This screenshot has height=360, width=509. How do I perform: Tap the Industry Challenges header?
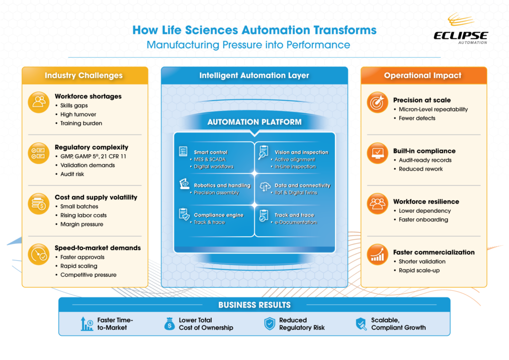pos(84,76)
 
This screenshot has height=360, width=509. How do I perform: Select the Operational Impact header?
pos(423,76)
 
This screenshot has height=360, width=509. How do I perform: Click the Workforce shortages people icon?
pos(38,101)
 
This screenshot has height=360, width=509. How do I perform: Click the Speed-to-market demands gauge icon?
pos(38,254)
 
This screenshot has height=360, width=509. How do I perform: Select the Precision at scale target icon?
pos(377,102)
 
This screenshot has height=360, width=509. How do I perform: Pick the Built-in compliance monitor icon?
pos(377,153)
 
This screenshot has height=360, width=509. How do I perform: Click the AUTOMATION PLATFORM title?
pos(254,122)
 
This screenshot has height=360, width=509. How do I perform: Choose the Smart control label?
pos(211,152)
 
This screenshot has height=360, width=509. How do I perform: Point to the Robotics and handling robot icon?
pos(184,185)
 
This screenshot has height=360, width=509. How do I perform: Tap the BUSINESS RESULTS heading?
pos(254,305)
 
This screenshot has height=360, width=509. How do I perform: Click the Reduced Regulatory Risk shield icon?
pos(269,324)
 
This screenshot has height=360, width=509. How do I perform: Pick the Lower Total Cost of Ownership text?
pos(206,324)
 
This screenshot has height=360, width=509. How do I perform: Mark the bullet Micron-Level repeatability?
pos(433,109)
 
